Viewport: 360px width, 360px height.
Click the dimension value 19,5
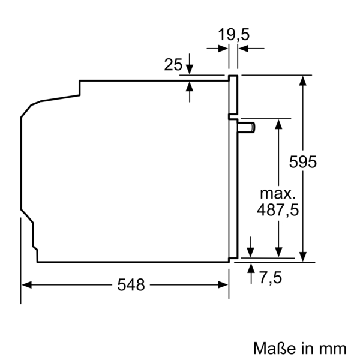click(233, 35)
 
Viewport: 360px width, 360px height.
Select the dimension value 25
click(173, 64)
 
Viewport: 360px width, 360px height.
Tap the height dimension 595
click(302, 162)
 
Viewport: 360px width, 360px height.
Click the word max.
click(278, 194)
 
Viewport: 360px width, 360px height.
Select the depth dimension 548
click(131, 285)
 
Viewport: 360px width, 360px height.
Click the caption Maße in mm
click(300, 347)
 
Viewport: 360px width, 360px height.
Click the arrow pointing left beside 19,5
click(243, 49)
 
